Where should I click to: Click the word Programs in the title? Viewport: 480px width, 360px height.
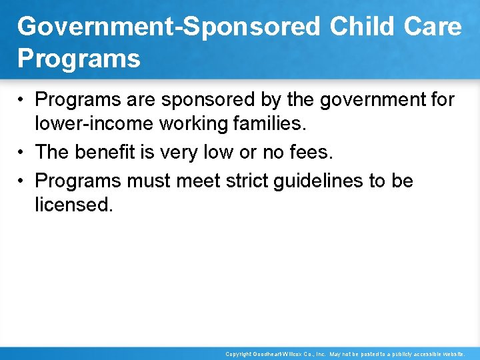[79, 59]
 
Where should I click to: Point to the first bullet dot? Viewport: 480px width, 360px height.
[23, 101]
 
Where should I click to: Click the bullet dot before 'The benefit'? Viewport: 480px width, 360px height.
[23, 153]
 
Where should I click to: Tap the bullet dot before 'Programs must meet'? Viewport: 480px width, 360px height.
[23, 181]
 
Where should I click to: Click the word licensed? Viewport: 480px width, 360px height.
[74, 205]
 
